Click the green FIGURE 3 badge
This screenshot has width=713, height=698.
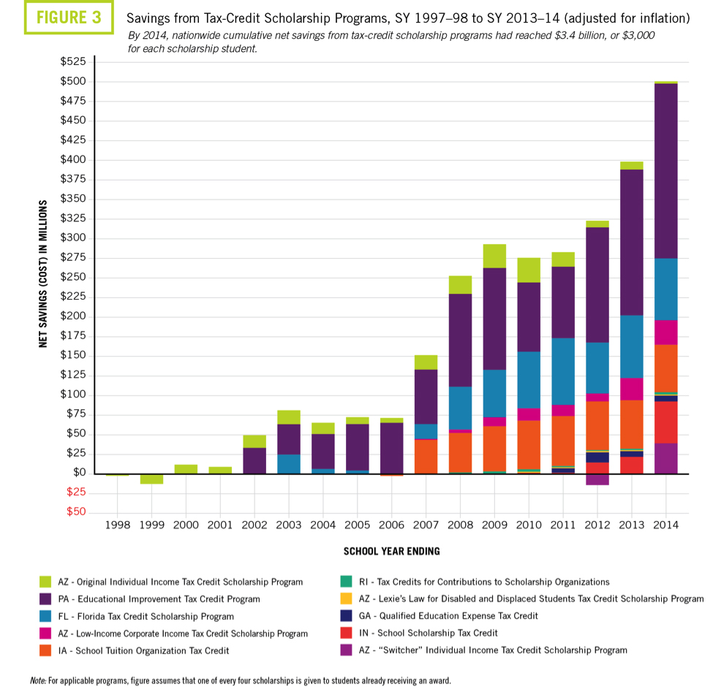point(69,18)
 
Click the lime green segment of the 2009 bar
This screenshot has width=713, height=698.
point(494,256)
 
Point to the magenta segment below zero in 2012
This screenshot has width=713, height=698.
point(597,479)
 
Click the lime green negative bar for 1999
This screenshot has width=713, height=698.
point(151,479)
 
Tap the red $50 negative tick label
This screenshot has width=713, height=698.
point(76,512)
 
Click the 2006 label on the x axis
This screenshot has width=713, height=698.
point(391,525)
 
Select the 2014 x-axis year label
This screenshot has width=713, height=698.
point(665,525)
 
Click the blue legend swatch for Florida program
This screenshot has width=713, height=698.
point(46,616)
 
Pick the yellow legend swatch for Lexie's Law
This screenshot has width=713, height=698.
point(344,599)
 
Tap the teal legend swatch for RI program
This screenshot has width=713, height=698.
point(344,583)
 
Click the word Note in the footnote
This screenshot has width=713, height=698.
point(37,680)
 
